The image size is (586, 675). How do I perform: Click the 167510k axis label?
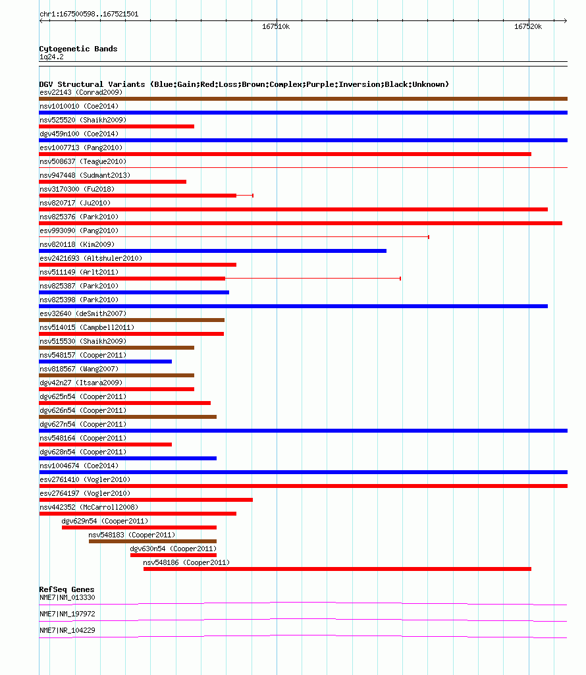[x=276, y=27]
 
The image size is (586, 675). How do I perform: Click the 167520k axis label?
[x=528, y=27]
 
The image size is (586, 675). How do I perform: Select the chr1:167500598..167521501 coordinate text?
[x=89, y=14]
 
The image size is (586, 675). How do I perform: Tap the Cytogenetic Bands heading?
[x=78, y=49]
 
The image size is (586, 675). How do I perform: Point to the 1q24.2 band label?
[x=51, y=57]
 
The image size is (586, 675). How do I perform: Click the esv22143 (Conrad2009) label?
[x=81, y=93]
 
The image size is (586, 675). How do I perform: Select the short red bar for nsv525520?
[x=117, y=126]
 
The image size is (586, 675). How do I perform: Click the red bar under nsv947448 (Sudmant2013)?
[x=113, y=182]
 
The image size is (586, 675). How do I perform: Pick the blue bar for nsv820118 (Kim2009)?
[x=213, y=251]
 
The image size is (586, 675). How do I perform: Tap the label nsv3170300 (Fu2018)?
[x=77, y=189]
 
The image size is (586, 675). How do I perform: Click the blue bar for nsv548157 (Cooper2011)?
[x=105, y=362]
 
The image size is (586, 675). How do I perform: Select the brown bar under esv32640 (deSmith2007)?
[x=132, y=320]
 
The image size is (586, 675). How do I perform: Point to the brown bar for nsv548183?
[x=153, y=541]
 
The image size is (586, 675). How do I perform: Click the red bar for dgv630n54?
[x=174, y=555]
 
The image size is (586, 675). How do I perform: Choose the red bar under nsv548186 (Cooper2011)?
[x=338, y=569]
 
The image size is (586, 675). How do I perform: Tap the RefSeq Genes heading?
[x=67, y=589]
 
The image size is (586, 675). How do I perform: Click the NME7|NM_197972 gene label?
[x=67, y=614]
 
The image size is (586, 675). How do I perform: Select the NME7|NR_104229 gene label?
[x=67, y=630]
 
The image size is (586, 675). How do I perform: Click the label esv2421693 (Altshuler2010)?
[x=91, y=258]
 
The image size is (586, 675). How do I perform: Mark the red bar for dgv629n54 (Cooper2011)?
[x=139, y=527]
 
